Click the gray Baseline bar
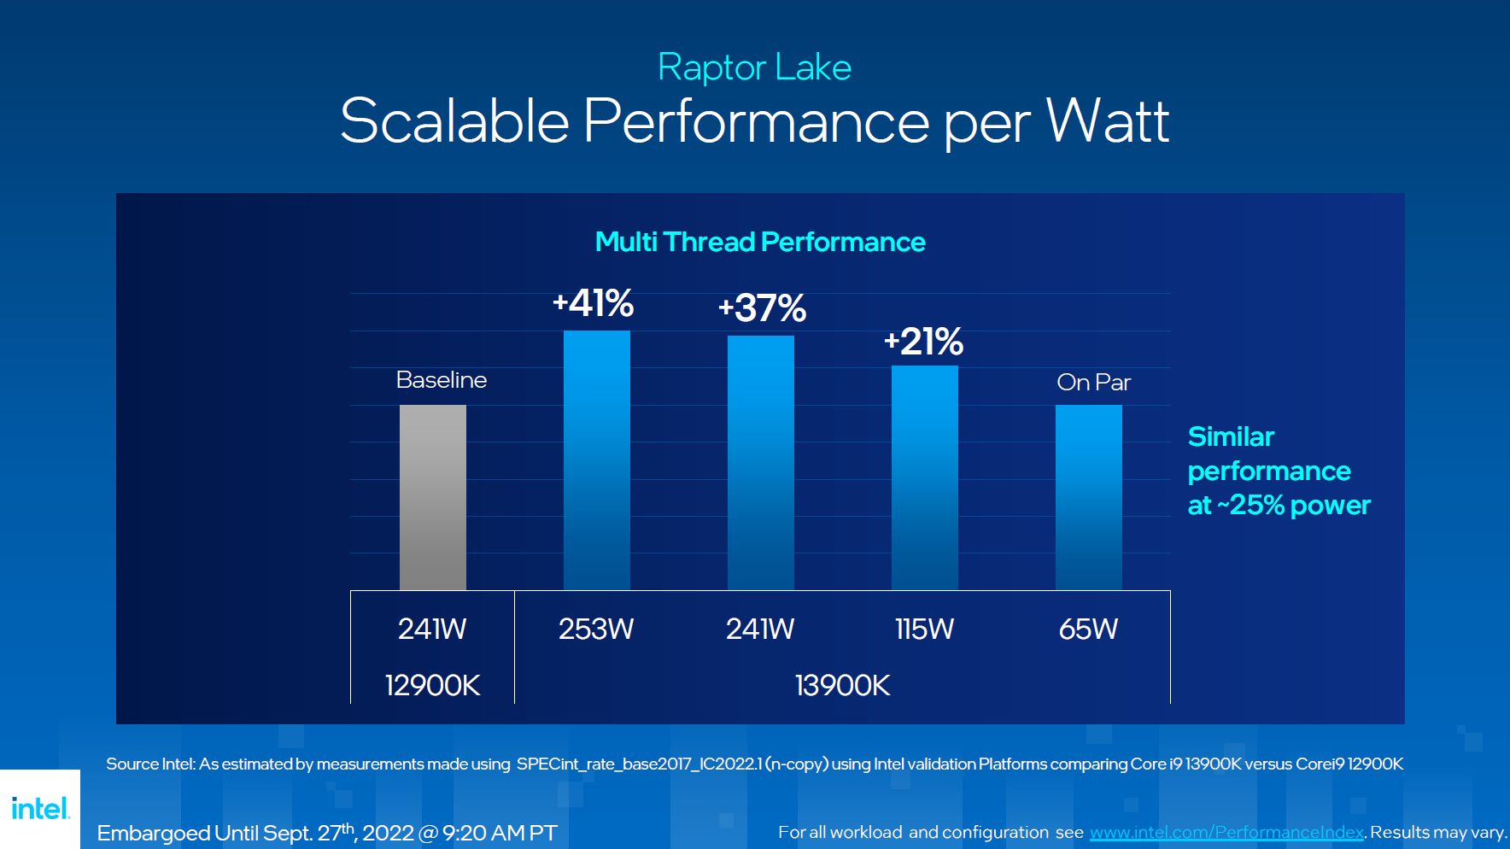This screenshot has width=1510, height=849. pos(433,497)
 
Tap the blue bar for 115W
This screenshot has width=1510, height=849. pos(924,477)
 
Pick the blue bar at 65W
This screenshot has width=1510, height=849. pos(1088,497)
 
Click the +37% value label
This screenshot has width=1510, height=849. pos(762,308)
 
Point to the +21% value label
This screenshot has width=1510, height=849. pos(923,342)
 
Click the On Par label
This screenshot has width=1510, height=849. pos(1093,382)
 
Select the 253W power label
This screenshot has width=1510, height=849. pos(596,629)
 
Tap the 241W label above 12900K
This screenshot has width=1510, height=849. pos(432,629)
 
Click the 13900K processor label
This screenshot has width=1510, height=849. pos(842,685)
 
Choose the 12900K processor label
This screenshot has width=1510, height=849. pos(432,685)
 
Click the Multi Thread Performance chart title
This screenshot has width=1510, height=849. pos(760,242)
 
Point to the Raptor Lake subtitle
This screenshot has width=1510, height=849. pos(754,67)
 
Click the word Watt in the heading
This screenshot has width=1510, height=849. pos(1108,121)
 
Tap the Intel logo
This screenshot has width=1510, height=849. pos(40,808)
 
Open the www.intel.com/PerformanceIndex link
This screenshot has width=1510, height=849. pos(1226,832)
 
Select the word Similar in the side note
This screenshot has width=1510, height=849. pos(1231,436)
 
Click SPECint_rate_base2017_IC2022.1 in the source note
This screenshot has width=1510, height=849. pos(639,764)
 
